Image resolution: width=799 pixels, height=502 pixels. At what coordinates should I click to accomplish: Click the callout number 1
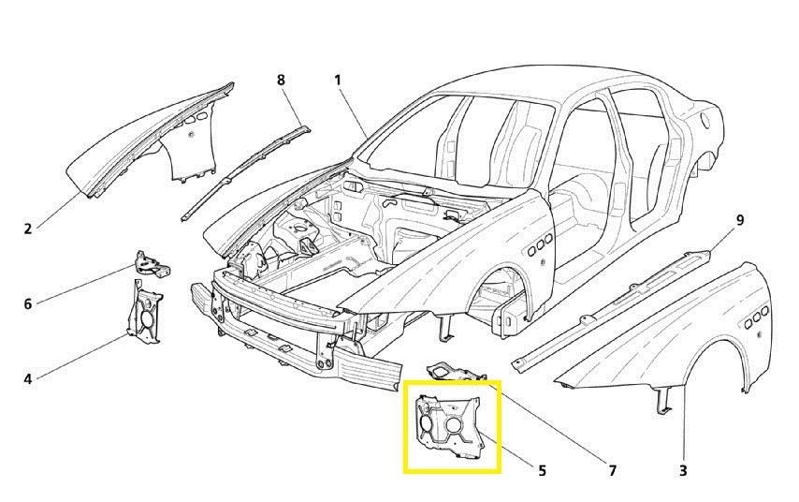point(338,81)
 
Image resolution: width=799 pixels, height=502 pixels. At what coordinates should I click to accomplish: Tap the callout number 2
point(27,229)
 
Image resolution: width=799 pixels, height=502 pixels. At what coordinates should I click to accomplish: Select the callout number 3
point(683,470)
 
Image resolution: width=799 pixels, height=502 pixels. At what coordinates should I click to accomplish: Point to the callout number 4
point(27,379)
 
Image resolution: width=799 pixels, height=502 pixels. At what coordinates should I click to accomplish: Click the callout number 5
point(542,470)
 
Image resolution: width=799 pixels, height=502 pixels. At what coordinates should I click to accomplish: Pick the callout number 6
point(27,304)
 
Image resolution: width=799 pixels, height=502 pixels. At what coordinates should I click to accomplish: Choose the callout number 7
point(612,470)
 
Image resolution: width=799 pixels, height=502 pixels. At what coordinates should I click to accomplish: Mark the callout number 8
point(281,81)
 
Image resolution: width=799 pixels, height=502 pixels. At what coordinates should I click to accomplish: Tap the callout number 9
point(739,220)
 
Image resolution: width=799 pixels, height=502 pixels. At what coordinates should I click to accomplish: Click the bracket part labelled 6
point(152,264)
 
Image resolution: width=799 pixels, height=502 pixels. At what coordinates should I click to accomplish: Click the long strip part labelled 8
point(244,173)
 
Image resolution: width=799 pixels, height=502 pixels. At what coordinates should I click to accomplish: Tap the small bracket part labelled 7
point(454,372)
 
